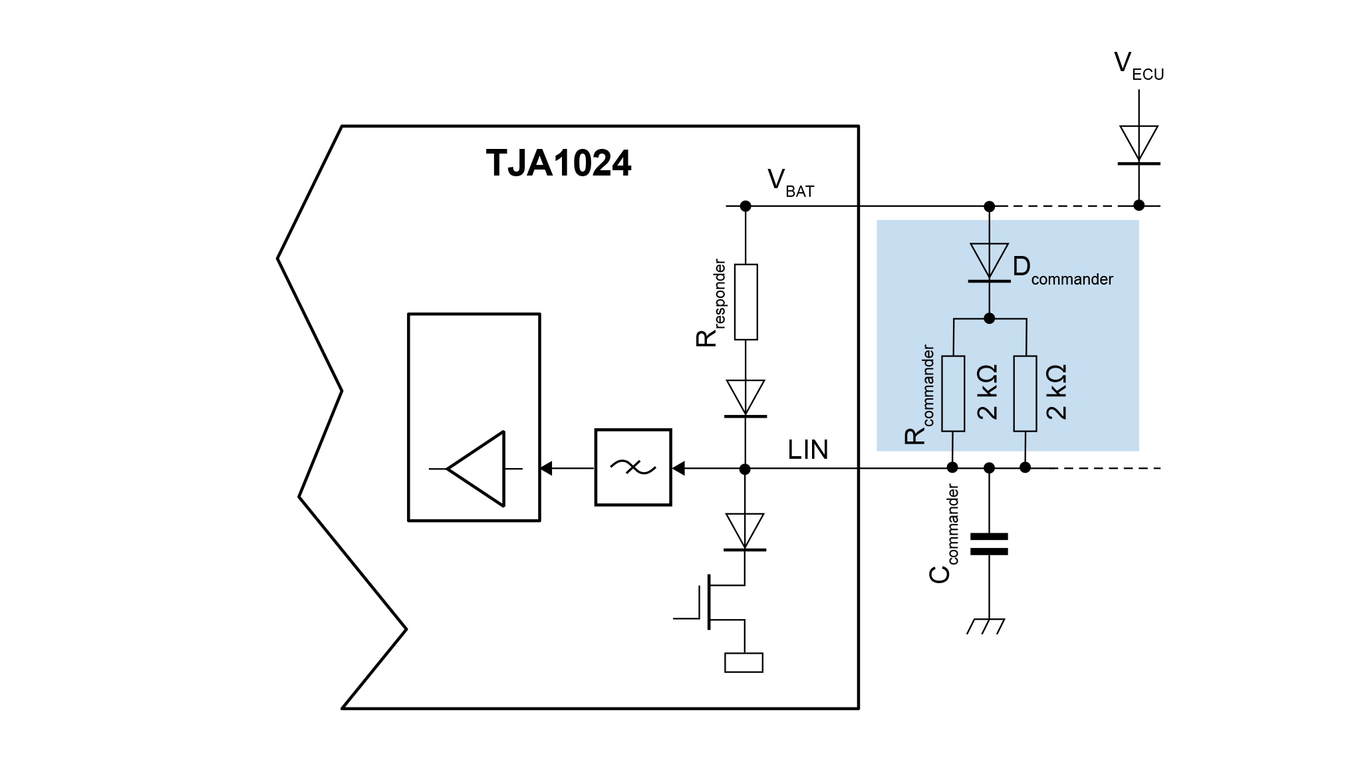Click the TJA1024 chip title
[558, 163]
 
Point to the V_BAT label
[789, 183]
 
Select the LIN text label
[807, 450]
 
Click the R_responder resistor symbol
[746, 302]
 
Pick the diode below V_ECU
[1139, 145]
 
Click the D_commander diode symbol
[989, 263]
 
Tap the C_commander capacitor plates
[989, 543]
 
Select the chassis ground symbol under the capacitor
[986, 626]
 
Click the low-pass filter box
[632, 467]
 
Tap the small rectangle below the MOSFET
[744, 663]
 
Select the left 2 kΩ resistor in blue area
[954, 394]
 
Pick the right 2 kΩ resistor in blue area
[1025, 394]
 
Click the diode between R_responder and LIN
[746, 398]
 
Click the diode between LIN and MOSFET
[745, 532]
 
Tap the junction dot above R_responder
[746, 206]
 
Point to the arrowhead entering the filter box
[678, 469]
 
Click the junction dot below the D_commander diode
[989, 319]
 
